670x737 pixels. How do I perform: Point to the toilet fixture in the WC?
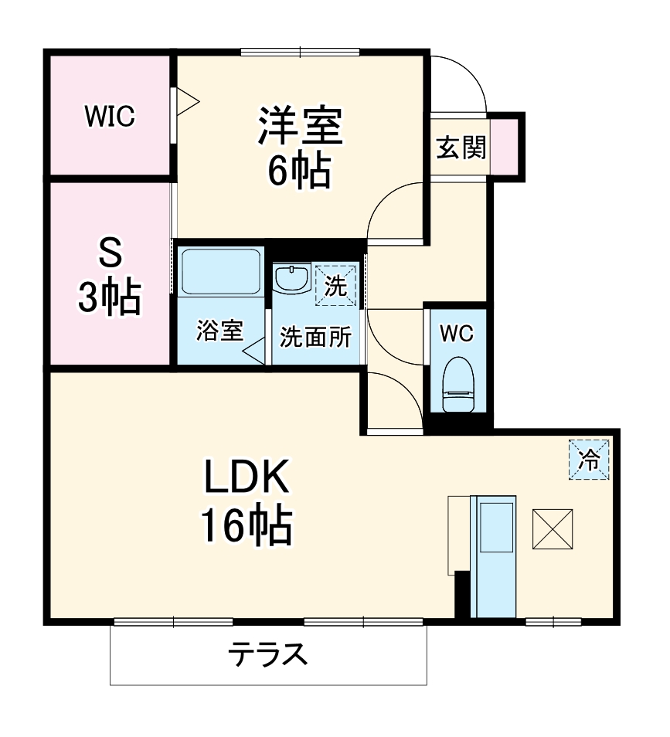(x=459, y=384)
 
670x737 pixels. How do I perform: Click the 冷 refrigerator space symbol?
(x=589, y=459)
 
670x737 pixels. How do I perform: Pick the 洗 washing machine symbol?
(x=336, y=285)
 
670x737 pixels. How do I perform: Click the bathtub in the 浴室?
(x=220, y=271)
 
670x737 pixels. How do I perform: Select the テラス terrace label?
(x=267, y=655)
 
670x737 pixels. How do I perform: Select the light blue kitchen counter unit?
(x=494, y=556)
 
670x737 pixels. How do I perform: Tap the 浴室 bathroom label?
(x=220, y=331)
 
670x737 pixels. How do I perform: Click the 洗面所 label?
(x=315, y=337)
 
